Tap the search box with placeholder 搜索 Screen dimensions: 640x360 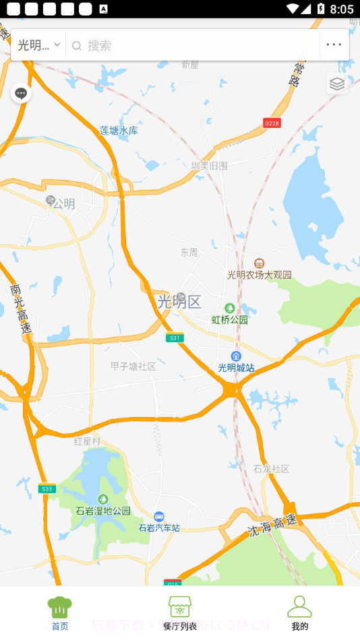click(x=196, y=45)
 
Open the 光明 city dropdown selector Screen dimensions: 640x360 click(x=38, y=45)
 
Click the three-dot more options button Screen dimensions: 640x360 click(x=334, y=45)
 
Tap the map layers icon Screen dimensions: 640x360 click(x=337, y=84)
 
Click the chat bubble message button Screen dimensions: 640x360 click(x=21, y=93)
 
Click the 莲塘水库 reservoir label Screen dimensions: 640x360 click(x=119, y=131)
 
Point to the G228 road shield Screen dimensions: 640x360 click(x=272, y=123)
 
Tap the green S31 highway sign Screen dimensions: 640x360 click(x=175, y=338)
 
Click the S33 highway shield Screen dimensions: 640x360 click(x=47, y=488)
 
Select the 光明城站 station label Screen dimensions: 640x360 click(x=236, y=367)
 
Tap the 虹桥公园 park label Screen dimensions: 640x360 click(x=230, y=319)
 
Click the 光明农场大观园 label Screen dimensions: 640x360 click(x=260, y=274)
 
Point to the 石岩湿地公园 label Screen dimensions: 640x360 click(x=103, y=511)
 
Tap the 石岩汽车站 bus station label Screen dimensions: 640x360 click(x=159, y=527)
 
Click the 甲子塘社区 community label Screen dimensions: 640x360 click(x=133, y=366)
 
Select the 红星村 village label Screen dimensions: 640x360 click(x=87, y=441)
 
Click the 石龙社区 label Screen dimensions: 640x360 click(x=271, y=468)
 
